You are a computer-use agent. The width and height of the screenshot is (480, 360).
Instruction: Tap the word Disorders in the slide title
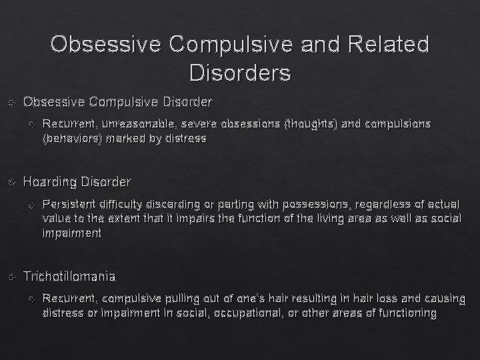pyautogui.click(x=239, y=72)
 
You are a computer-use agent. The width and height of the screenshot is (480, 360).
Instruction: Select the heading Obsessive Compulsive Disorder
pyautogui.click(x=117, y=102)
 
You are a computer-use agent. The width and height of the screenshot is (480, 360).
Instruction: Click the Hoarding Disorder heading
pyautogui.click(x=77, y=181)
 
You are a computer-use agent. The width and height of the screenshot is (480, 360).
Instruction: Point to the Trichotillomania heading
pyautogui.click(x=69, y=276)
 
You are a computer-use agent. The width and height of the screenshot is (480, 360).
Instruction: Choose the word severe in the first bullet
pyautogui.click(x=181, y=124)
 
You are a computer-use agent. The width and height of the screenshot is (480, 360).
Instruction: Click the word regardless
pyautogui.click(x=378, y=203)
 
